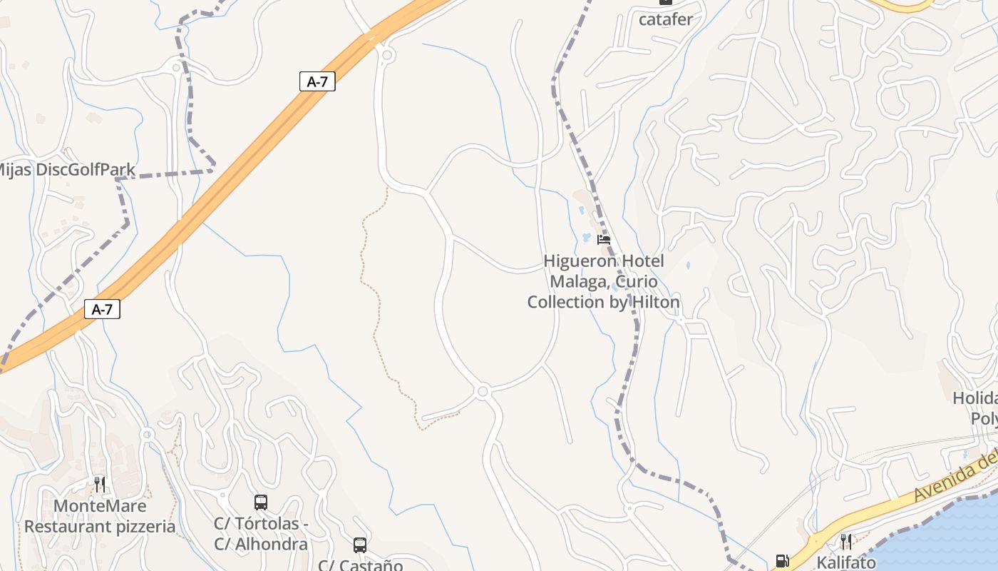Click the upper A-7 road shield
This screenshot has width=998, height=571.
317,81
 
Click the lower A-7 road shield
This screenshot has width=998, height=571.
102,309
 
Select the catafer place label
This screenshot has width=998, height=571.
665,19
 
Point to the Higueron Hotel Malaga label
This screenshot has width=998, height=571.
603,281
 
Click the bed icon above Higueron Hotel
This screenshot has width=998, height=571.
604,240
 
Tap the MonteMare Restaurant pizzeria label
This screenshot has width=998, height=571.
100,517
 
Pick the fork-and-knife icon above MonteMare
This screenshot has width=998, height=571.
100,485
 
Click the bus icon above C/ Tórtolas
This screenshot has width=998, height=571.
261,502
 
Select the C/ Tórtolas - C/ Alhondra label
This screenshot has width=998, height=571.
261,534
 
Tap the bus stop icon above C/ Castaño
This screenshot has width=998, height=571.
360,545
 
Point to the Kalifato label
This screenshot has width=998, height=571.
846,562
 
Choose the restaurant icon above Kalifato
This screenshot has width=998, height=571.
846,541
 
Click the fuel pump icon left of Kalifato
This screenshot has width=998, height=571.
782,562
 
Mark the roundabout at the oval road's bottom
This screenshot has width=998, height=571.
483,391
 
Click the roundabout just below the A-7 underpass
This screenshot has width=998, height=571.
387,54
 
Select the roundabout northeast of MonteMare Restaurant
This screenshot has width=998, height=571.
148,434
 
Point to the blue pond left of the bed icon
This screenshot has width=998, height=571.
587,238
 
